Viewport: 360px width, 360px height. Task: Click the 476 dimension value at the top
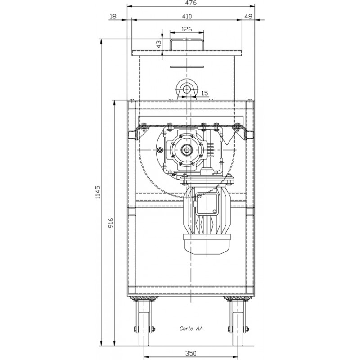190,3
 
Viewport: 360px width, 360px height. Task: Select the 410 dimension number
187,16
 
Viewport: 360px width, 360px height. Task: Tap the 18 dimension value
113,16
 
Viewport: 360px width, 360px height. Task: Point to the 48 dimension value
248,16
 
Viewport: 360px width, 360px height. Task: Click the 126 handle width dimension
187,29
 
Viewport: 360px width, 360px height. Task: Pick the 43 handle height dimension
159,44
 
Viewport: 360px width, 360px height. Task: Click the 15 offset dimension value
205,93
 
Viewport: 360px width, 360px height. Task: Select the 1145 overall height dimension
98,192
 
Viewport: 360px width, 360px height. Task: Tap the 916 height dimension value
111,223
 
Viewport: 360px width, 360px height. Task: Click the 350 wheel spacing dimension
191,353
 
